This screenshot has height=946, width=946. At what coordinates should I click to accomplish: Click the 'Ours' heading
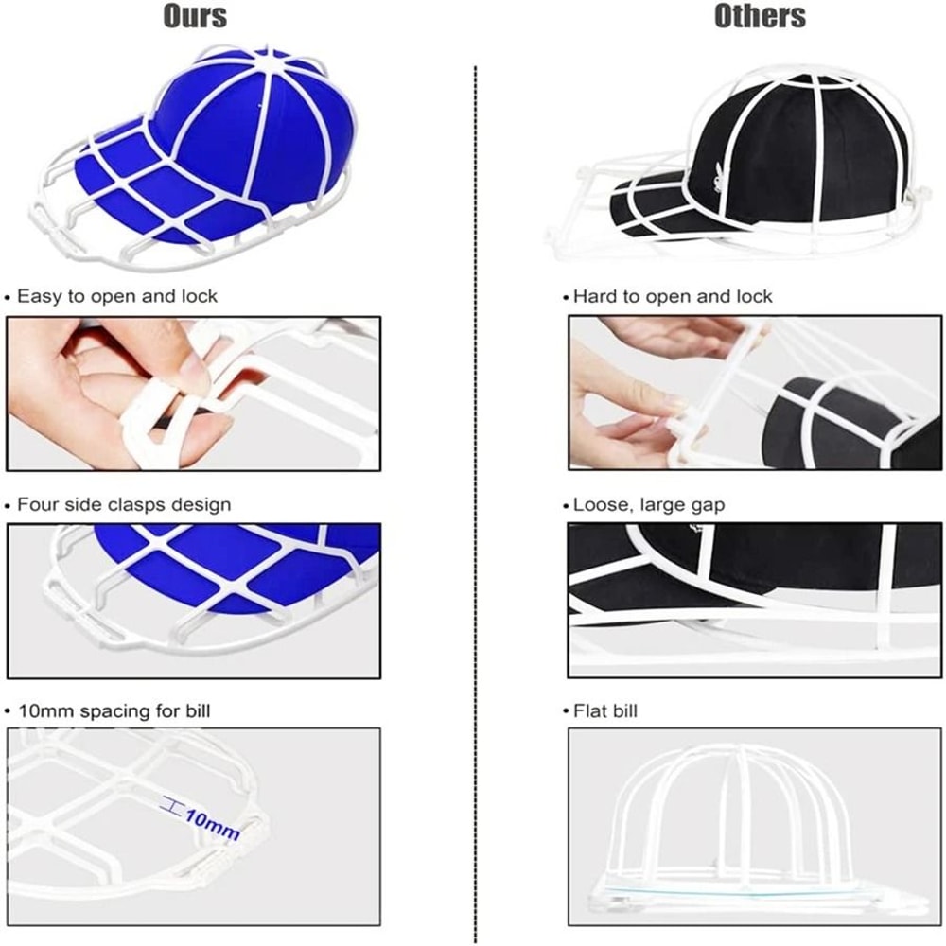click(x=195, y=16)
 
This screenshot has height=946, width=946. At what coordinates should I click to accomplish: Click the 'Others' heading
click(x=760, y=16)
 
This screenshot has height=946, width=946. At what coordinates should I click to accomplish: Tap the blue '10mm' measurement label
click(x=212, y=824)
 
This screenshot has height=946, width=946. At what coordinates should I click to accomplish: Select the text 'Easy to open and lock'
click(x=117, y=296)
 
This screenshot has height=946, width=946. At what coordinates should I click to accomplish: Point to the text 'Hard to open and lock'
click(x=673, y=296)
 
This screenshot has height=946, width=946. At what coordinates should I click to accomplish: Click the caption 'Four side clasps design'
click(x=124, y=504)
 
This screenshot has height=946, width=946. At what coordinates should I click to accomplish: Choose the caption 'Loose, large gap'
click(x=649, y=505)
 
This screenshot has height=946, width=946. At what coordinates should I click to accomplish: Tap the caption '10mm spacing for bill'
click(x=114, y=711)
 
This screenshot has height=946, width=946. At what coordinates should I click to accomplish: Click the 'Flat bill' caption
click(x=605, y=711)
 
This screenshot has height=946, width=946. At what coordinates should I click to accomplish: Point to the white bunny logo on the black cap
click(x=719, y=178)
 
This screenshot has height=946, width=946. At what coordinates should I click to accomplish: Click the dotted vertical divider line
click(x=476, y=504)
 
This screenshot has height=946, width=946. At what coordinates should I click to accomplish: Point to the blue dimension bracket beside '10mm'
click(x=170, y=805)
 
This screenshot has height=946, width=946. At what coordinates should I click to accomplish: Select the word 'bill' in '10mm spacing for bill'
click(x=198, y=710)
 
